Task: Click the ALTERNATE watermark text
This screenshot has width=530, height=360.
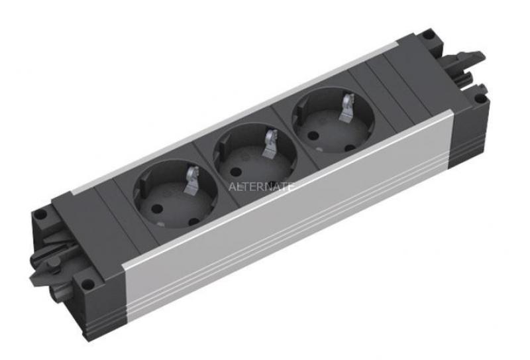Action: click(x=260, y=186)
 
